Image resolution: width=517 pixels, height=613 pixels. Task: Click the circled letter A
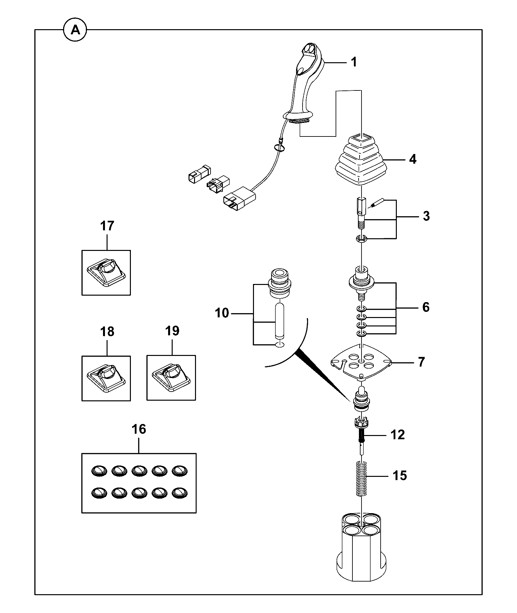click(75, 30)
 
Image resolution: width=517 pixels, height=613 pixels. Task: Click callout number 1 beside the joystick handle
click(354, 62)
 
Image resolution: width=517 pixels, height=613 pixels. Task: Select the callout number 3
click(426, 216)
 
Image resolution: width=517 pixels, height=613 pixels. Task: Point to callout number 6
click(426, 307)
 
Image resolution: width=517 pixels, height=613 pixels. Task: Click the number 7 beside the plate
click(421, 362)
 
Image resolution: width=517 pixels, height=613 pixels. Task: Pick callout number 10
click(222, 313)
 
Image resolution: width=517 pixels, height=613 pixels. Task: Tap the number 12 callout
click(397, 435)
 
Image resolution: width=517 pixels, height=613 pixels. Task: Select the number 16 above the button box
click(139, 429)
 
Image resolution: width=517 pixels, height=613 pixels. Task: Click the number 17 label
click(107, 226)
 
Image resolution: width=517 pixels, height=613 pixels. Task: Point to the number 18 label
click(107, 331)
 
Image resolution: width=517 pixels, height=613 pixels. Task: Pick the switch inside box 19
click(171, 378)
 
